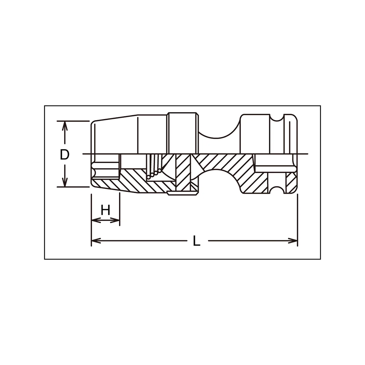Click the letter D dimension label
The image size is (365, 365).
coord(65,154)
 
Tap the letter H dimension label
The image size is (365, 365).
coord(105,211)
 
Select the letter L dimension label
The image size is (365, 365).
coord(197,241)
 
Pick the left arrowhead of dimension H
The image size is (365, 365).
coord(96,220)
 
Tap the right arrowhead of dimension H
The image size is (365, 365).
coord(115,220)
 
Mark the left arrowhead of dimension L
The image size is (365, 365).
coord(96,241)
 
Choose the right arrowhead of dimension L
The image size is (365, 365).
coord(292,241)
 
